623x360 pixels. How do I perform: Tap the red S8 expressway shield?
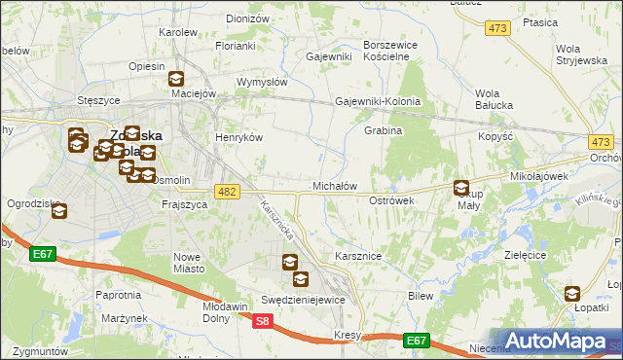coord(261,320)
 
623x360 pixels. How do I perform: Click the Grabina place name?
coord(383,130)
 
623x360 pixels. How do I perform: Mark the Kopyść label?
coord(495,137)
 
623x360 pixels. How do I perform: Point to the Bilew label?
coord(421,295)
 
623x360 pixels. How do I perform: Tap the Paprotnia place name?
coord(118,294)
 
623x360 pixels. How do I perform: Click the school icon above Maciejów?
coord(176,80)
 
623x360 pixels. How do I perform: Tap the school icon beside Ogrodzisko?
coord(58,210)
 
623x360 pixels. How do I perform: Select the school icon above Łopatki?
coord(571,293)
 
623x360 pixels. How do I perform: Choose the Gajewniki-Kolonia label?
coord(378,101)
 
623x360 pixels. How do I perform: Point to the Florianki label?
coord(236,46)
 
